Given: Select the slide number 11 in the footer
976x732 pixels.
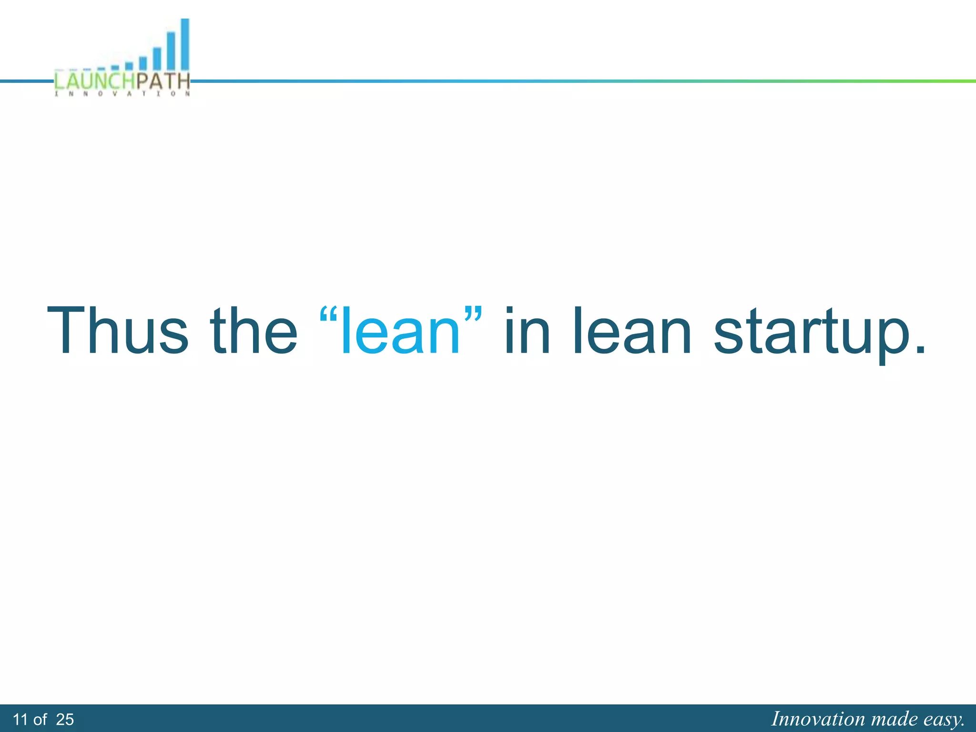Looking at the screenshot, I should coord(20,719).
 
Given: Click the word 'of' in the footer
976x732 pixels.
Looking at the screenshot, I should coord(40,719).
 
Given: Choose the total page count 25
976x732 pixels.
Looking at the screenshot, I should coord(65,719).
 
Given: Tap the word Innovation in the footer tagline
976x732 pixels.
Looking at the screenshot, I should coord(818,719).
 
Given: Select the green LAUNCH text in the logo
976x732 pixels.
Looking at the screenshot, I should coord(95,81).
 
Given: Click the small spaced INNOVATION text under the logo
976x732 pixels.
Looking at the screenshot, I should coord(122,94).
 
